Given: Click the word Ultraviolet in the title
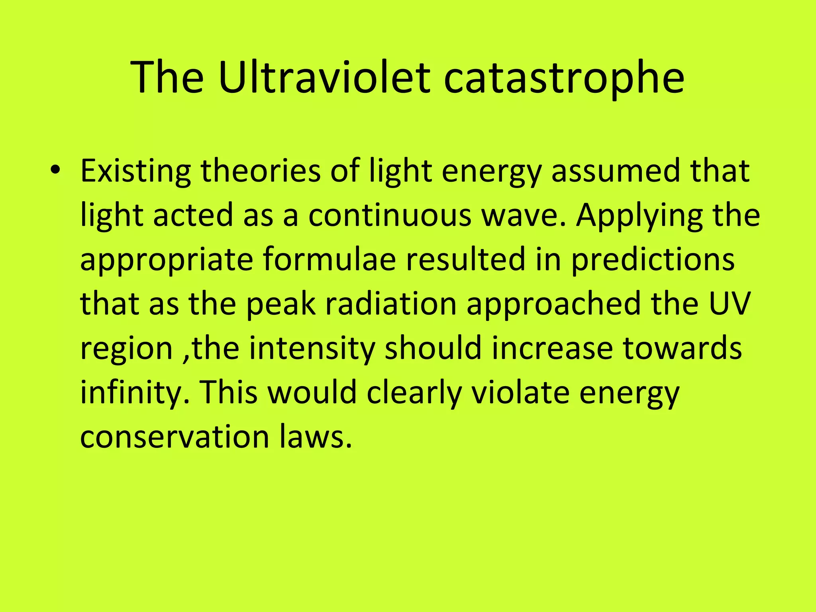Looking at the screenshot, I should pyautogui.click(x=325, y=78).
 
